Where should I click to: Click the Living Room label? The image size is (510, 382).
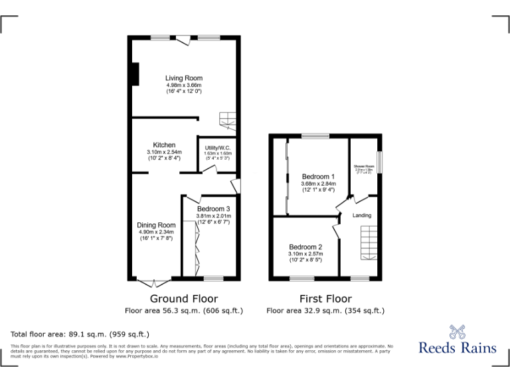coord(184,78)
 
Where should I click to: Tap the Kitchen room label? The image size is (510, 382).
coord(164,145)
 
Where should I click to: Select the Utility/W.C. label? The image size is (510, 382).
coord(217,148)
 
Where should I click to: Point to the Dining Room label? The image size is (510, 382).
coord(157,225)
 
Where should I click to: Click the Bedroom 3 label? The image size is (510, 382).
coord(213,209)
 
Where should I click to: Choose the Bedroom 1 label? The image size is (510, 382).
coord(317,176)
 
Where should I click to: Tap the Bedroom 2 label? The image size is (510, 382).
coord(305,247)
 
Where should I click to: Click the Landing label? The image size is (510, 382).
coord(362,216)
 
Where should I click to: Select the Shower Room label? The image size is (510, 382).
coord(363,166)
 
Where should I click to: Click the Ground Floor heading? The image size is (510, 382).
coord(184,298)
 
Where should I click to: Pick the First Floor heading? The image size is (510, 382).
coord(325,298)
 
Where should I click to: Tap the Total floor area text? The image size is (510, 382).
coord(80,334)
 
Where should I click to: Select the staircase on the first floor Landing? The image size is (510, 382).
coord(369,243)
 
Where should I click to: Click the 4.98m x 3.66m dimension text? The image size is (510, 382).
coord(184,85)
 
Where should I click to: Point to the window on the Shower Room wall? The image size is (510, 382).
coord(380,160)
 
